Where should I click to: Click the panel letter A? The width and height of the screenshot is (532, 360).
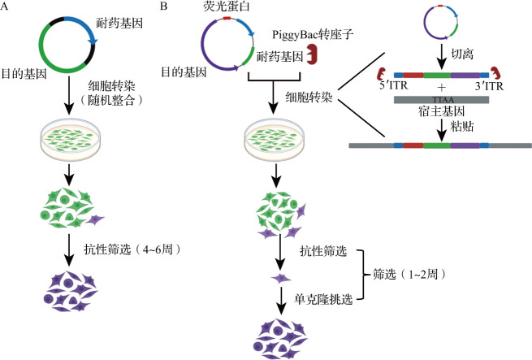(4, 7)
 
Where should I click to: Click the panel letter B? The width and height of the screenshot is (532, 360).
(163, 7)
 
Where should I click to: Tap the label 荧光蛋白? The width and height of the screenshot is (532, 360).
(227, 7)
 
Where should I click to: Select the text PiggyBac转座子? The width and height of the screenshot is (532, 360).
(313, 35)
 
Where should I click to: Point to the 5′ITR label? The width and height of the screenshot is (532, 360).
(394, 85)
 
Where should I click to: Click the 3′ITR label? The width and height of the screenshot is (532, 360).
(489, 86)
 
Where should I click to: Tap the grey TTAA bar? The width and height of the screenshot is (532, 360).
(441, 100)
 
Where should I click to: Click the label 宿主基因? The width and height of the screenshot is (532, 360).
(441, 111)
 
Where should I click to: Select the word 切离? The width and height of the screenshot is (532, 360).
(462, 54)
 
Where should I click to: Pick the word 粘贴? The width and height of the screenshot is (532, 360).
(462, 126)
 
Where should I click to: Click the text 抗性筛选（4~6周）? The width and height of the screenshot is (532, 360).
(132, 249)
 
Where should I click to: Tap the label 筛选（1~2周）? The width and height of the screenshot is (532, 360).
(409, 274)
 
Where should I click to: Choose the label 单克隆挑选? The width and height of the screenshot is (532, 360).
(323, 299)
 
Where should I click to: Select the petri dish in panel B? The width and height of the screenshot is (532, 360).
(275, 139)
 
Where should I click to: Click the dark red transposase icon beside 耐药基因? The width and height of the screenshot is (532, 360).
(311, 54)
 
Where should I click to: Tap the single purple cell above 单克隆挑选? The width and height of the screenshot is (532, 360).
(281, 279)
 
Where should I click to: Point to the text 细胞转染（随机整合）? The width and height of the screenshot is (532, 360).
(111, 93)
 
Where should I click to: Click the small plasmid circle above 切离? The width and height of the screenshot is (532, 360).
(441, 23)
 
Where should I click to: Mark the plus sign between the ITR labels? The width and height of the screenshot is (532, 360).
(441, 87)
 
